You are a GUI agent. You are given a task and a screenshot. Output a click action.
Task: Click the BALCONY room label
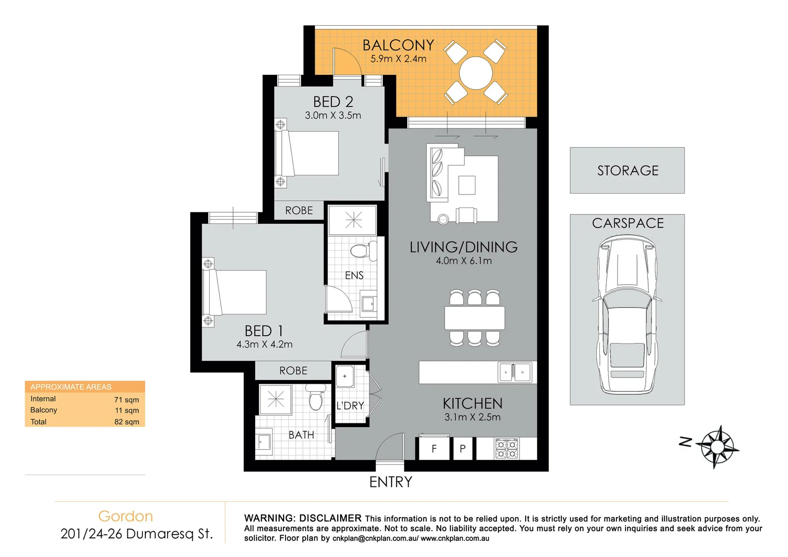click(x=398, y=45)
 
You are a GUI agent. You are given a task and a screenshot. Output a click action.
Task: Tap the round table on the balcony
click(x=476, y=73)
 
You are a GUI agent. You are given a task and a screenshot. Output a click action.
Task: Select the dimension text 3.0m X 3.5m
click(x=333, y=116)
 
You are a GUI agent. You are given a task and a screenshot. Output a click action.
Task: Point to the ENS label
click(x=354, y=275)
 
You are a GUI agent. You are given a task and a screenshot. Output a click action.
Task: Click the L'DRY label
click(x=350, y=406)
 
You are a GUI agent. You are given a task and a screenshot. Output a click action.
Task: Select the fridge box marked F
click(x=434, y=449)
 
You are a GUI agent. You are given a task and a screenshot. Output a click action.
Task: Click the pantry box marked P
click(x=463, y=449)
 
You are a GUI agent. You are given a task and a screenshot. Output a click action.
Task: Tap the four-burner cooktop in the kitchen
click(x=506, y=449)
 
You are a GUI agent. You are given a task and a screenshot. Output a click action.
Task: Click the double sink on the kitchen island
click(x=514, y=372)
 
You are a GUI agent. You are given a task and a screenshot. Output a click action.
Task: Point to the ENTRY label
click(x=391, y=482)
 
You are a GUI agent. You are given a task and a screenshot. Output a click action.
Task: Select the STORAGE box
click(x=627, y=171)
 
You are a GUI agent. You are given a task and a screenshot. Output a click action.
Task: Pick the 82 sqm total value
click(x=127, y=422)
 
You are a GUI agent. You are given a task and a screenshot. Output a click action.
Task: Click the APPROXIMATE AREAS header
click(x=71, y=387)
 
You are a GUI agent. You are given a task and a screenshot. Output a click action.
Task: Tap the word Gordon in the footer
click(x=126, y=516)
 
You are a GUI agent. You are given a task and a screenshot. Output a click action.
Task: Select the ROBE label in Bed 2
click(x=299, y=210)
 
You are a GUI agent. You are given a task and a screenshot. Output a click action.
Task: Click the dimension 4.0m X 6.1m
click(x=464, y=261)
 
